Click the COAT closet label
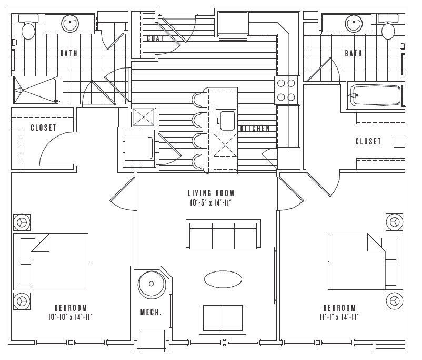155,38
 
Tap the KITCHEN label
255,128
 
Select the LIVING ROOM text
210,193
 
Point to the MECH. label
150,313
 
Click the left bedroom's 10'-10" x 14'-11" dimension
70,317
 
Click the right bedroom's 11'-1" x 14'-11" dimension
339,317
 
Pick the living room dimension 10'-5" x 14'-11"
210,202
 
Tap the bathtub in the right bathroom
377,96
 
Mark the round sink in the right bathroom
353,24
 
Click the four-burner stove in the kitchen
287,90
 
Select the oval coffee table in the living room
223,279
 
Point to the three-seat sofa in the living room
223,235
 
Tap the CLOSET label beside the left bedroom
43,128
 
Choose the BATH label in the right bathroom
353,53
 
